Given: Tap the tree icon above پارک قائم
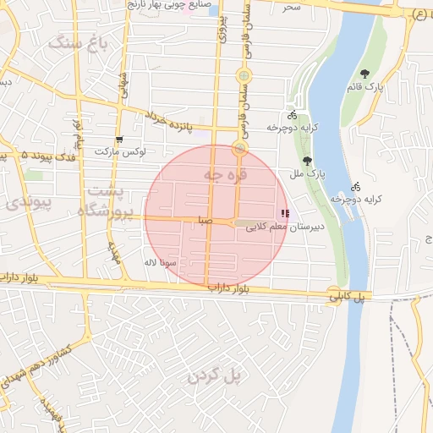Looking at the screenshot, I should coord(364,74).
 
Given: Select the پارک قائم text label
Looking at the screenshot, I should coord(364,87).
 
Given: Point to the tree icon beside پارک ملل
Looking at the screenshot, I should coord(306,161).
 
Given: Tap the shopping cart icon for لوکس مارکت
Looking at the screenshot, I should coord(119,140).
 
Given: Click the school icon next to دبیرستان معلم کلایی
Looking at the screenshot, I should coord(285,214).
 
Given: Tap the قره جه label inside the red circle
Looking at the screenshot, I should coord(225,175).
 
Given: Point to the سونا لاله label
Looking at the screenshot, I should coord(160,263).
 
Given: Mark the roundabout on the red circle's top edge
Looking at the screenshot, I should coord(240,150).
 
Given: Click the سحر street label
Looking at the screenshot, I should coord(292,7).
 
